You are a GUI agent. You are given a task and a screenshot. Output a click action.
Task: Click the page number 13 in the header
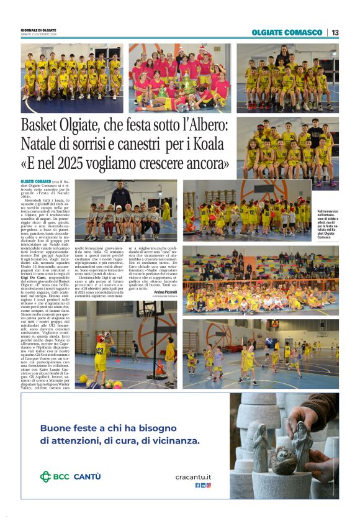coord(335,32)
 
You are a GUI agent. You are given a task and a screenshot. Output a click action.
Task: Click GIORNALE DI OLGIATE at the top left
coord(38,30)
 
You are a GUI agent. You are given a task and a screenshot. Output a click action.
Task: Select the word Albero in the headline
coord(202,126)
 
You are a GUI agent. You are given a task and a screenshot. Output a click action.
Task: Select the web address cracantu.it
coord(193,476)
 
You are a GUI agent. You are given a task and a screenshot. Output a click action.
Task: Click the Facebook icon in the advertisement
coord(197,485)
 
